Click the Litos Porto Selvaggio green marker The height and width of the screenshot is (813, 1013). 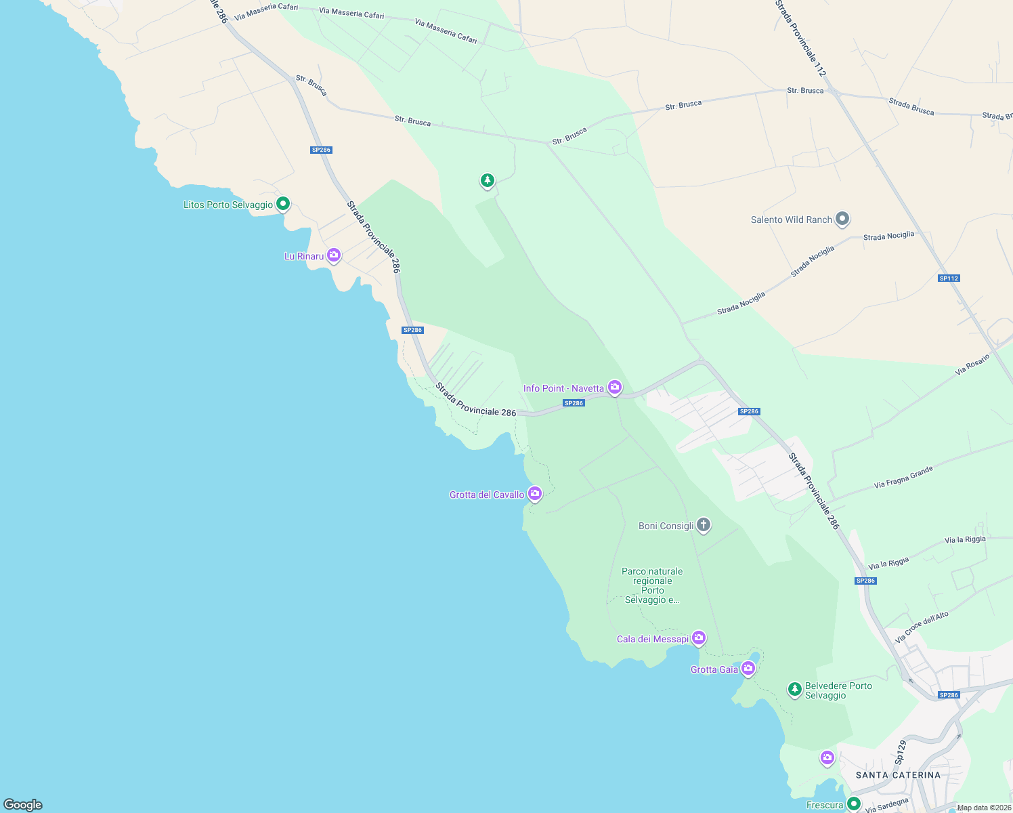283,203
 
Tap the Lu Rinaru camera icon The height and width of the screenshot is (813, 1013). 333,255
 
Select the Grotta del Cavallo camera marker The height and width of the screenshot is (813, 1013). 535,493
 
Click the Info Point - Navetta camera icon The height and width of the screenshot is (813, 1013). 615,387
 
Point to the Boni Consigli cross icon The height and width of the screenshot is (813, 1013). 704,524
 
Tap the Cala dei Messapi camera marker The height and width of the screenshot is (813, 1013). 699,638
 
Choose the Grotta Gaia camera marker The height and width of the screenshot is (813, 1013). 748,668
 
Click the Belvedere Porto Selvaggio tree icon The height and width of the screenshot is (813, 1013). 794,689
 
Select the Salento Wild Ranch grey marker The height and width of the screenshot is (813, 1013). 842,218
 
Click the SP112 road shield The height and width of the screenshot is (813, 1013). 949,278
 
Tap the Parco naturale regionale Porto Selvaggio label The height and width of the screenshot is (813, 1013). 653,585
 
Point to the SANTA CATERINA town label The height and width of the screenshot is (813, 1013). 898,775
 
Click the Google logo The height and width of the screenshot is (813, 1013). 23,805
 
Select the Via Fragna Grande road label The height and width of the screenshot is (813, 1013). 903,477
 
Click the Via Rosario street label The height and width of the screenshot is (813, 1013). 972,364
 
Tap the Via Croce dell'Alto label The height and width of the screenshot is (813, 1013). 922,627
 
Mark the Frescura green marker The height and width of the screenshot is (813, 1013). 854,804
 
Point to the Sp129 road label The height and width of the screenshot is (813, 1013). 901,753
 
